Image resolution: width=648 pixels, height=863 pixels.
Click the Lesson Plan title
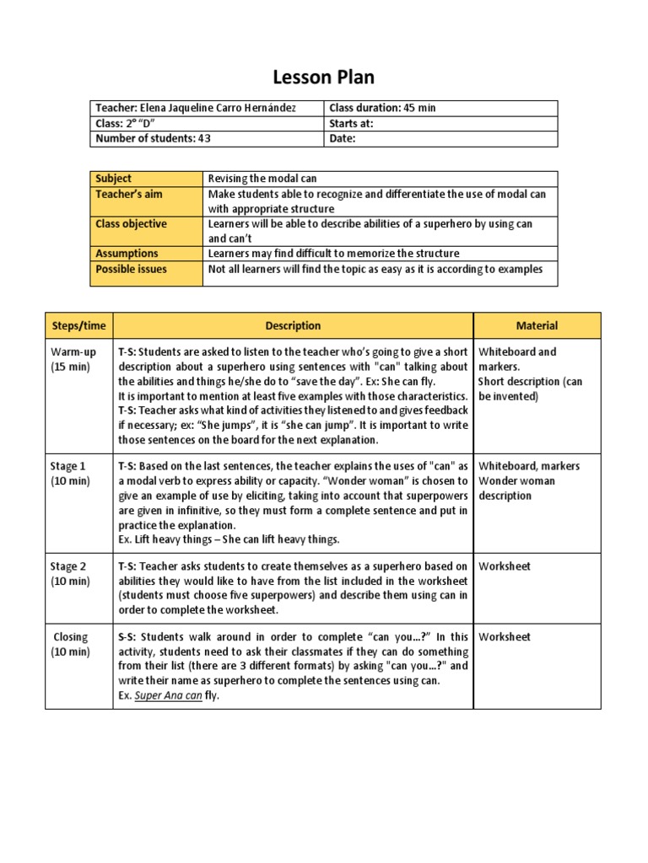tap(323, 78)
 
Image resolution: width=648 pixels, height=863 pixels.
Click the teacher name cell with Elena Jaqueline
tap(196, 108)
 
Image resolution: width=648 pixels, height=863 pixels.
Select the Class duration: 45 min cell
tap(382, 108)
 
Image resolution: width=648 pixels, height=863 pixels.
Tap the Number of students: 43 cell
tap(153, 139)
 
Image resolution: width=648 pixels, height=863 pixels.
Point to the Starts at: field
tap(351, 124)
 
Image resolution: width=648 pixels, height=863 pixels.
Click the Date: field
tap(343, 139)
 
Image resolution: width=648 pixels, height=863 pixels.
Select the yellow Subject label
tap(114, 179)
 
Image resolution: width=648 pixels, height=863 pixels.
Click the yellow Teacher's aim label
tap(129, 194)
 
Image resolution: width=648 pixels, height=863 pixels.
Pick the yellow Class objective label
tap(132, 224)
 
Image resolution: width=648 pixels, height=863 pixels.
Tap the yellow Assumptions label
tap(127, 254)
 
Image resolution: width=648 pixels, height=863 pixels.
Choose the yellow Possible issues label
tap(132, 269)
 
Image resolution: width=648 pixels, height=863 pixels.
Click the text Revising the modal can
tap(262, 179)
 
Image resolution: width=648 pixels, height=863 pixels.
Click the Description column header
tap(293, 325)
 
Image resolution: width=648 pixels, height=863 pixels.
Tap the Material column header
tap(537, 325)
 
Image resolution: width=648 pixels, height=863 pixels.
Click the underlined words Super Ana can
tap(169, 696)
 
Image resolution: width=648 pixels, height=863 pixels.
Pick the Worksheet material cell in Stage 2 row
tap(505, 566)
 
